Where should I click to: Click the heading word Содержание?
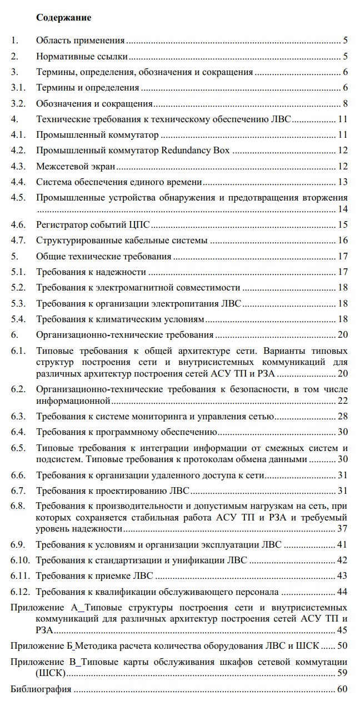[x=63, y=18]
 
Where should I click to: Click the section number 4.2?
[x=19, y=151]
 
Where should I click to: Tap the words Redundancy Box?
[x=195, y=151]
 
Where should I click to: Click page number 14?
[x=342, y=209]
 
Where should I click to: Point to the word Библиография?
[x=41, y=689]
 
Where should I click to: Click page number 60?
[x=342, y=689]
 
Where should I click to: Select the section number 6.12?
[x=21, y=592]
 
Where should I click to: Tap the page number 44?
[x=342, y=592]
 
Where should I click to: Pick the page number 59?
[x=342, y=673]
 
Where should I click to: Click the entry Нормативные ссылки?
[x=82, y=56]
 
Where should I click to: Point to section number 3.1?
[x=19, y=88]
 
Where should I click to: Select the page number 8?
[x=345, y=103]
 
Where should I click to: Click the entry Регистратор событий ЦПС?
[x=93, y=224]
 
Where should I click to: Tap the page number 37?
[x=342, y=528]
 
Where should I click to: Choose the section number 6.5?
[x=19, y=448]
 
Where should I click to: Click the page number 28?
[x=342, y=417]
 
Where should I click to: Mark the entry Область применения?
[x=80, y=41]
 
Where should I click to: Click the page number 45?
[x=342, y=630]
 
